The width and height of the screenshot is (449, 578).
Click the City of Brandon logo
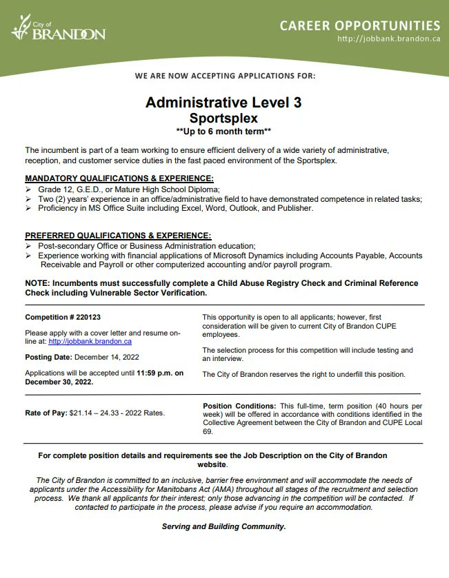point(58,30)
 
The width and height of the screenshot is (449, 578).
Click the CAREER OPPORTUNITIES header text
point(359,25)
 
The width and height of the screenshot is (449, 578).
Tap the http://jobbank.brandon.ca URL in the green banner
point(388,39)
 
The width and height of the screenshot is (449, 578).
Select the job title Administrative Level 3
point(223,103)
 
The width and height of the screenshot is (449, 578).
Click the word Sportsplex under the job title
point(223,118)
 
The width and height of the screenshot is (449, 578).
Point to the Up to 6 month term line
point(223,131)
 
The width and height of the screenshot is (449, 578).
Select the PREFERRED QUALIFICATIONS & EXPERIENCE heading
point(118,235)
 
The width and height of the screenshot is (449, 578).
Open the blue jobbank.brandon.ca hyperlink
point(90,341)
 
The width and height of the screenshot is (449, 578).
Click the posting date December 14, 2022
point(107,357)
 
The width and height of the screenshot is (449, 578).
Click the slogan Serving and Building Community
point(223,526)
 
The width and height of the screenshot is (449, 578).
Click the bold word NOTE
point(38,283)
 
